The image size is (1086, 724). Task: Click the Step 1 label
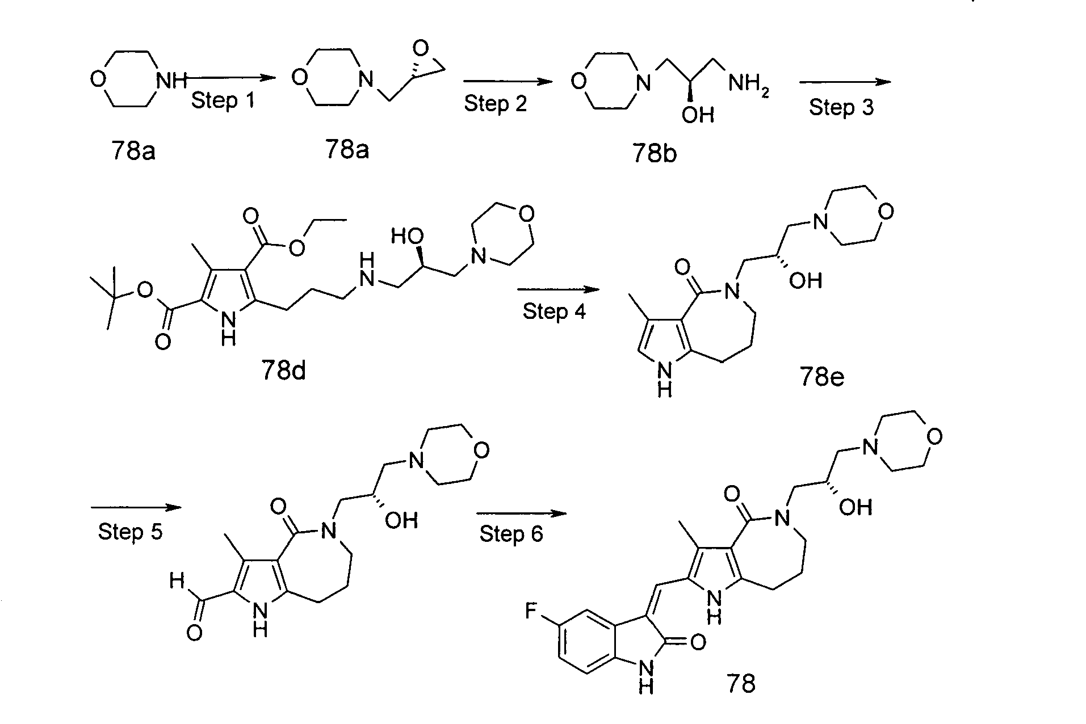coord(223,100)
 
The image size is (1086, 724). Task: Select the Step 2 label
coord(496,103)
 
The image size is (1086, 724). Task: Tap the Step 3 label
coord(841,107)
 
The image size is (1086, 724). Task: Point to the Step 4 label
coord(554,311)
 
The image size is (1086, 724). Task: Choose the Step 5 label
coord(130,531)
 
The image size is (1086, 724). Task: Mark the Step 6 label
coord(511,533)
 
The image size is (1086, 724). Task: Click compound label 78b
coord(655,154)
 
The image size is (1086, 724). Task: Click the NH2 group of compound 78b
coord(749,85)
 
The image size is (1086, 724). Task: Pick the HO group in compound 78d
coord(406,236)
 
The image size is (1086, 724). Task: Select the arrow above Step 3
coord(844,83)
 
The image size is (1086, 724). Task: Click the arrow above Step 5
coord(136,507)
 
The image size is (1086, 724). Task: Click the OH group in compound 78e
coord(806,280)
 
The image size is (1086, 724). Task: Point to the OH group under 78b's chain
coord(698,115)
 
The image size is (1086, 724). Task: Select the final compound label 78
coord(741,683)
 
